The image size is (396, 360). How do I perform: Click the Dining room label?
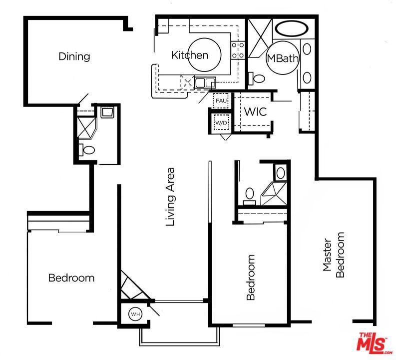(x=74, y=56)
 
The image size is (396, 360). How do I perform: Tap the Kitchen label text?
(x=190, y=55)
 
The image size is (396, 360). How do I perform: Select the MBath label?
(x=283, y=58)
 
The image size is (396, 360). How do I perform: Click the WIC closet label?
(x=255, y=111)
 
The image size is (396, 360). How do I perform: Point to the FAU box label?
(x=221, y=100)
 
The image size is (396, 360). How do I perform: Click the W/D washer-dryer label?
(x=221, y=123)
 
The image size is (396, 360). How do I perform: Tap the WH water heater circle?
(x=136, y=314)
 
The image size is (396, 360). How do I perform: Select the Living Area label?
(x=170, y=197)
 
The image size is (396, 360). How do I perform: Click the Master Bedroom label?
(x=334, y=255)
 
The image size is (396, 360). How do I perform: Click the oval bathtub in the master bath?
(x=292, y=28)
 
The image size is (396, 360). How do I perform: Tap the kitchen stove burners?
(x=238, y=50)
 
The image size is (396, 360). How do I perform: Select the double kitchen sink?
(x=205, y=82)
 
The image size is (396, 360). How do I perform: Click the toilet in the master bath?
(x=256, y=78)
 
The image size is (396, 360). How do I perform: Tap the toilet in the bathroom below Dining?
(x=86, y=150)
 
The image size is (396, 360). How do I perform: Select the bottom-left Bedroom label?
(x=71, y=278)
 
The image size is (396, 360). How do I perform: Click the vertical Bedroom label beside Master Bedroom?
(x=251, y=277)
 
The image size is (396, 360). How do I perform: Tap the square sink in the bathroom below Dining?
(x=107, y=112)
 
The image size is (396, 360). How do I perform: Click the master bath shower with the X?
(x=260, y=38)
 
